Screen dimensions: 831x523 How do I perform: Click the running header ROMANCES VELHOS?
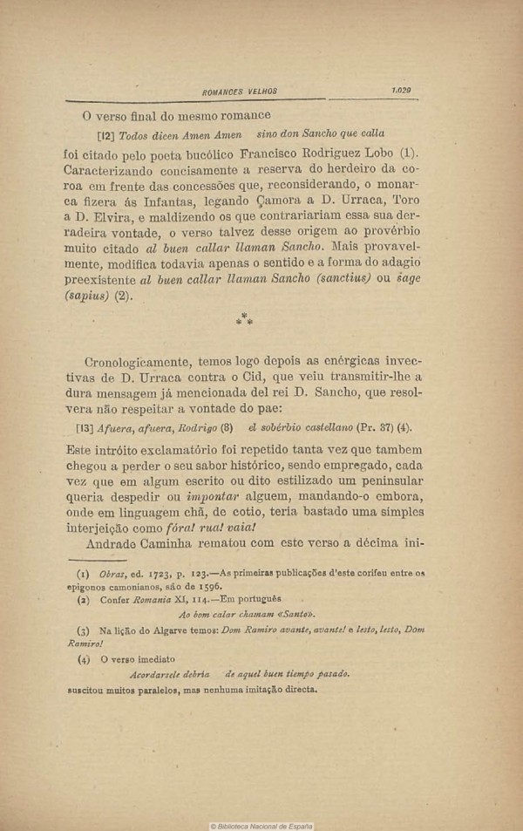(239, 91)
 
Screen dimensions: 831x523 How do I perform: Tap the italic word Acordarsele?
(160, 674)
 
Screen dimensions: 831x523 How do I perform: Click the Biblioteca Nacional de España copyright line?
(261, 826)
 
